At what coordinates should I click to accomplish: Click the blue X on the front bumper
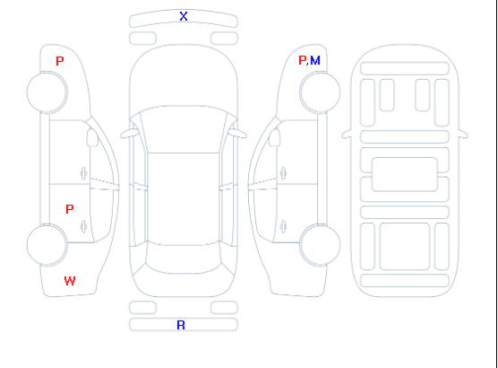point(184,16)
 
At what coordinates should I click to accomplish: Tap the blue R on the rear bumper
point(181,325)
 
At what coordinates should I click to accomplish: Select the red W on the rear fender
point(70,281)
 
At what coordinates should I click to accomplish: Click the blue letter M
point(315,60)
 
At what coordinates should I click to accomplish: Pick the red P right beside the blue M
point(302,60)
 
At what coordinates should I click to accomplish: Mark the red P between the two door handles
point(70,209)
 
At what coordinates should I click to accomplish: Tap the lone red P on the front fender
point(60,61)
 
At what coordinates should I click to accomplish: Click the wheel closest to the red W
point(47,245)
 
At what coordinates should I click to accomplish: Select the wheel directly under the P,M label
point(320,92)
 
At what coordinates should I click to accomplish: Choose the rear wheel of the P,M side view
point(320,245)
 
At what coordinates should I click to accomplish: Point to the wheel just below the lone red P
point(47,92)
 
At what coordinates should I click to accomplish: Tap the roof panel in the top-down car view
point(184,199)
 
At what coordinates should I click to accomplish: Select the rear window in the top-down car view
point(184,258)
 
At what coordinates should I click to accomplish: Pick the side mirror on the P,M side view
point(275,137)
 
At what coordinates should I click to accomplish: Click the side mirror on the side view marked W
point(92,137)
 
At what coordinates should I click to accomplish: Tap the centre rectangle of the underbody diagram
point(404,174)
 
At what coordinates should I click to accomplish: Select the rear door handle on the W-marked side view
point(83,227)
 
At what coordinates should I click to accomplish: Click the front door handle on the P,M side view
point(283,173)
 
